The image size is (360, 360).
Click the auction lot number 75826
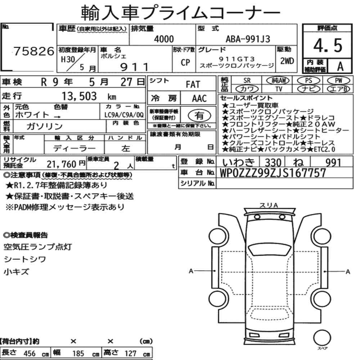point(34,51)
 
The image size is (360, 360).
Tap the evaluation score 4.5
point(328,45)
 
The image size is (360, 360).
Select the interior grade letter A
point(340,66)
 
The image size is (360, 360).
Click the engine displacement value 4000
point(164,39)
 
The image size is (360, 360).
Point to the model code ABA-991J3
point(248,39)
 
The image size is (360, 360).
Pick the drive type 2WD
point(287,61)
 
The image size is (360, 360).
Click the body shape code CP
point(185,62)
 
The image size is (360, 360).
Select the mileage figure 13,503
point(79,96)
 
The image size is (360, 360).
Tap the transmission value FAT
point(193,85)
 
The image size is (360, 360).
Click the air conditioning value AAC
point(199,99)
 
